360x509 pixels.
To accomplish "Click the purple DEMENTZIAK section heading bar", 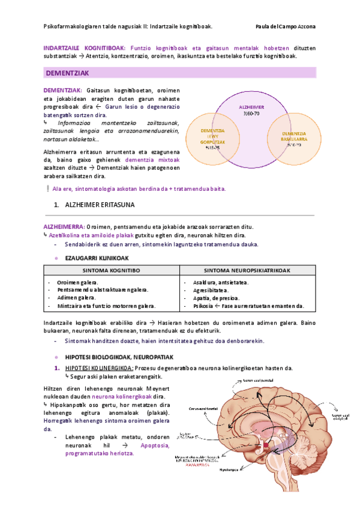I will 179,73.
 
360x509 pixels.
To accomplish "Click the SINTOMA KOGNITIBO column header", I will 112,270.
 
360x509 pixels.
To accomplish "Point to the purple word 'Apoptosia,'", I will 155,445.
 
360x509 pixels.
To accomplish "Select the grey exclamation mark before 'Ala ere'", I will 47,188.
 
